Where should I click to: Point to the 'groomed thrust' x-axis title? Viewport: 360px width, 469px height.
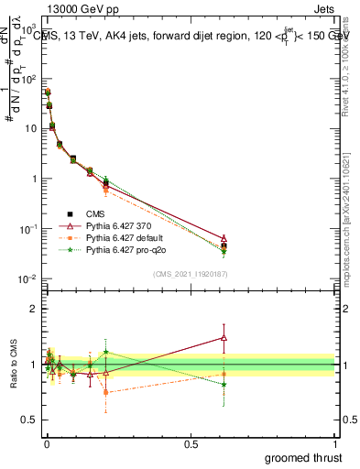(304, 457)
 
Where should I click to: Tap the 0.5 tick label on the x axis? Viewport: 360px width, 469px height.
(191, 444)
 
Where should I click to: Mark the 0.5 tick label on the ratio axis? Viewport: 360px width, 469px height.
(28, 421)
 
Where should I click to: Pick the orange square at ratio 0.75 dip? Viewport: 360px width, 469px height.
(106, 392)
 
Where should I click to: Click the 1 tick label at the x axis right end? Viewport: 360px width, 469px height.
(335, 444)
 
